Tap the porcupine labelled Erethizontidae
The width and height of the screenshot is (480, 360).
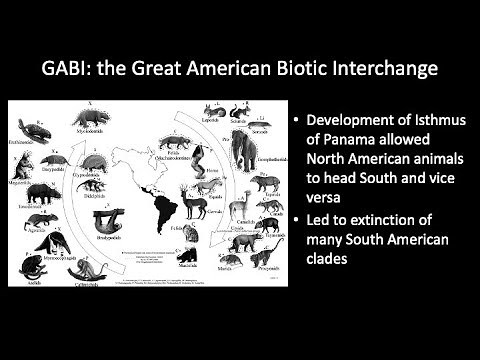30,130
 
